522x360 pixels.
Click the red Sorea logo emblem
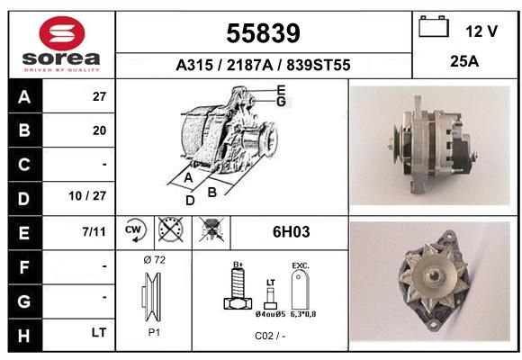point(62,33)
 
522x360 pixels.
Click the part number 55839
point(264,33)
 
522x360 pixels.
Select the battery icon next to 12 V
point(434,26)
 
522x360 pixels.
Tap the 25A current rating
point(464,61)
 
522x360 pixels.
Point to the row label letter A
point(24,97)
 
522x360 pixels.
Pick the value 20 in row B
point(99,130)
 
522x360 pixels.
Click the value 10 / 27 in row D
point(87,196)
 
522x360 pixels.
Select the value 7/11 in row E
point(94,231)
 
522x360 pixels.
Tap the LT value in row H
point(98,332)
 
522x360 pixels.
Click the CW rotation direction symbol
point(135,229)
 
